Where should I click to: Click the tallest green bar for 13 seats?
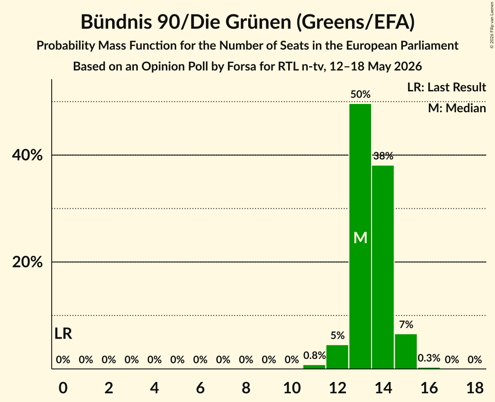tap(360, 236)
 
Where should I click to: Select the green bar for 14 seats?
tap(383, 267)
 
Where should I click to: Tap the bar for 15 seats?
tap(406, 352)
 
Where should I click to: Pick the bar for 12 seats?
tap(337, 357)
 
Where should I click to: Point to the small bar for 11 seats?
tap(314, 367)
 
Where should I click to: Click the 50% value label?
tap(360, 94)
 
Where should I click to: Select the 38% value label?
tap(383, 156)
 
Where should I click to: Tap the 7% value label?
tap(406, 325)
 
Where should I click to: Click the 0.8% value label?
tap(314, 355)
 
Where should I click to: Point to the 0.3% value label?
tap(429, 358)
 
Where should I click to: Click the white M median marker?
tap(360, 238)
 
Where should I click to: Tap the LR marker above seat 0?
tap(63, 334)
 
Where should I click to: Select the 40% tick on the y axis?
tap(27, 155)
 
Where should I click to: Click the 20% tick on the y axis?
tap(27, 262)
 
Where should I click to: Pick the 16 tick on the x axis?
tap(429, 388)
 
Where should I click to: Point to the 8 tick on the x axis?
tap(246, 388)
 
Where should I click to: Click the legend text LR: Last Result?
tap(446, 87)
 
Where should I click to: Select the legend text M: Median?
tap(457, 108)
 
